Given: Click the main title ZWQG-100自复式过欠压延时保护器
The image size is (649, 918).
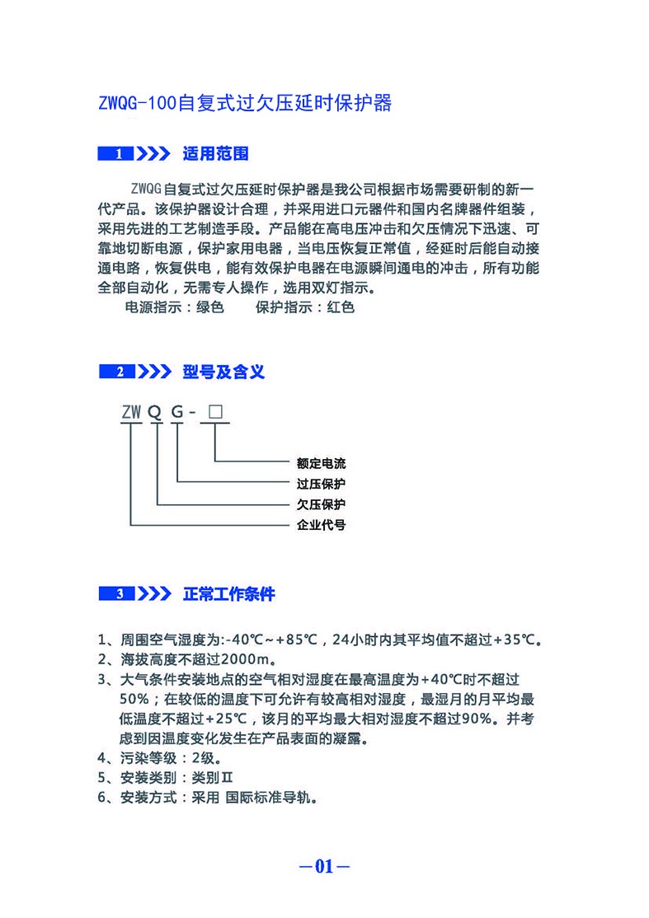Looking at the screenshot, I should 244,104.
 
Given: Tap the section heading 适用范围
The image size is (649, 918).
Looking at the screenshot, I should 215,154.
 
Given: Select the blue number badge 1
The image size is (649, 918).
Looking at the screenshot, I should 120,154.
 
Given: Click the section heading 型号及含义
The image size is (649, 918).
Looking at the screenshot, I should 223,372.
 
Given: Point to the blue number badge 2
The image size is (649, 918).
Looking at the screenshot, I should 120,372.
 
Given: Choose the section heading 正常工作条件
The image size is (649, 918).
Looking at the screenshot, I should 228,594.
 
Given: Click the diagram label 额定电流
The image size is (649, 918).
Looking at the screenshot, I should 321,464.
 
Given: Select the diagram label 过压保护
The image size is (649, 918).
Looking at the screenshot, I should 321,484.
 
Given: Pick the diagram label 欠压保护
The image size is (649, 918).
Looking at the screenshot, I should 321,504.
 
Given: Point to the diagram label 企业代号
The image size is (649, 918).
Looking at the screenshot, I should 321,524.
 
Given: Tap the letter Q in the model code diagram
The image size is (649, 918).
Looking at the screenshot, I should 155,412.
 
